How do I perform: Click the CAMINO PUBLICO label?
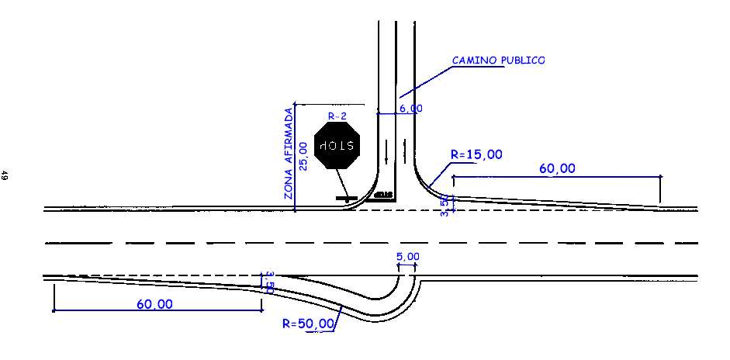[x=498, y=60]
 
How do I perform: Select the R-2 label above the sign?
[x=337, y=116]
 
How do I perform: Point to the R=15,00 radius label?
[x=476, y=154]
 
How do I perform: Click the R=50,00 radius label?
[x=309, y=323]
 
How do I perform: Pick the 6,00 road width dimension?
[x=410, y=109]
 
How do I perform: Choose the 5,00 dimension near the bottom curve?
[x=407, y=257]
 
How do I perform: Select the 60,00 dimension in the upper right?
[x=558, y=168]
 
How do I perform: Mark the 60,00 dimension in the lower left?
[x=155, y=304]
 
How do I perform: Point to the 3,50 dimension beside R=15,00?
[x=445, y=206]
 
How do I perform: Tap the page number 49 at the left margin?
[x=5, y=176]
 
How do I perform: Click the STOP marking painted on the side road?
[x=383, y=195]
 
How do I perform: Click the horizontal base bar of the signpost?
[x=346, y=199]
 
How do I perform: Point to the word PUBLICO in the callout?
[x=522, y=60]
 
